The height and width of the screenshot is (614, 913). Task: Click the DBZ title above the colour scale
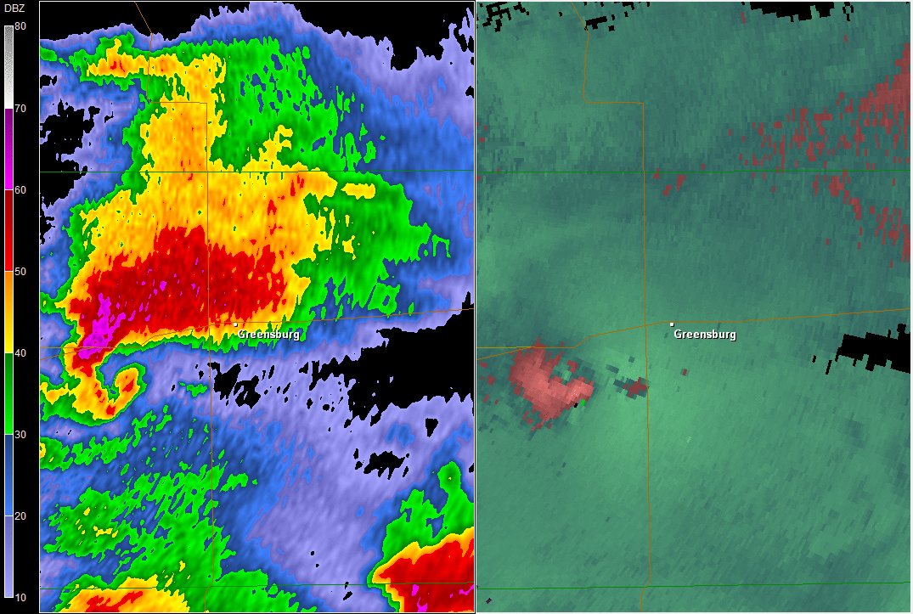(15, 8)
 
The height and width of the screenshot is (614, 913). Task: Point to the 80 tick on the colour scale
(20, 26)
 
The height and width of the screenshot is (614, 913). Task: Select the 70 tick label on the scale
(20, 108)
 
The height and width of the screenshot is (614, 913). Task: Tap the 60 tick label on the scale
(20, 189)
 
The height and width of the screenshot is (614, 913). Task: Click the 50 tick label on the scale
(20, 271)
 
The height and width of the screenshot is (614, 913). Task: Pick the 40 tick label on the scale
(20, 352)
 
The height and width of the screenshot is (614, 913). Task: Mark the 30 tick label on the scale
(20, 434)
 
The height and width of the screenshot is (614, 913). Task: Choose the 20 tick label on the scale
(20, 515)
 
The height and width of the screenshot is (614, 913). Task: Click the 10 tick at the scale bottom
(20, 597)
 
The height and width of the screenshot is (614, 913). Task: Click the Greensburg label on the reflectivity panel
(268, 335)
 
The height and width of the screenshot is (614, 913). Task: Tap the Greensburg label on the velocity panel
(705, 335)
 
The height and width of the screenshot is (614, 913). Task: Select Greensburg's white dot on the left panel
(235, 324)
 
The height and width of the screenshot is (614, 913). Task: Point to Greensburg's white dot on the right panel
(672, 324)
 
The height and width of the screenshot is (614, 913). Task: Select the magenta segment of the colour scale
(8, 149)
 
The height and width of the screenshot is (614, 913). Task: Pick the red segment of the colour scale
(8, 230)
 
